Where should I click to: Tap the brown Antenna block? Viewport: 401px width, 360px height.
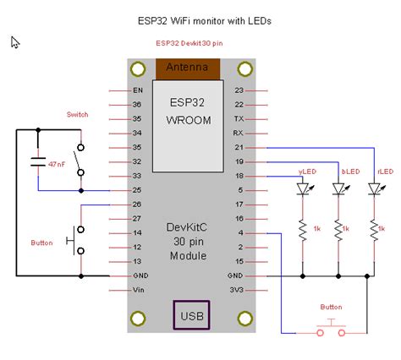pyautogui.click(x=190, y=68)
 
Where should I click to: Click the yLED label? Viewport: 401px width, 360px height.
pyautogui.click(x=307, y=172)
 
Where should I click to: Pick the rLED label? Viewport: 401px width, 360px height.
pyautogui.click(x=385, y=172)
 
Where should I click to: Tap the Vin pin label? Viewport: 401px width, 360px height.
pyautogui.click(x=137, y=290)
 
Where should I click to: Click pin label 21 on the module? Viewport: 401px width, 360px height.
pyautogui.click(x=239, y=147)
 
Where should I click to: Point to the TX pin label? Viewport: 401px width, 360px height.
pyautogui.click(x=239, y=118)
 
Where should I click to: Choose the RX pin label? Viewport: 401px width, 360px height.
pyautogui.click(x=239, y=133)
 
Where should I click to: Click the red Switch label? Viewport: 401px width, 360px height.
pyautogui.click(x=77, y=114)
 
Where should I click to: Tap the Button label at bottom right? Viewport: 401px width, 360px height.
pyautogui.click(x=331, y=307)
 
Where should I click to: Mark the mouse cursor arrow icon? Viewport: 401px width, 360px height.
pyautogui.click(x=15, y=42)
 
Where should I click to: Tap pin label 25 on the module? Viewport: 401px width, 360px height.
pyautogui.click(x=137, y=190)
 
